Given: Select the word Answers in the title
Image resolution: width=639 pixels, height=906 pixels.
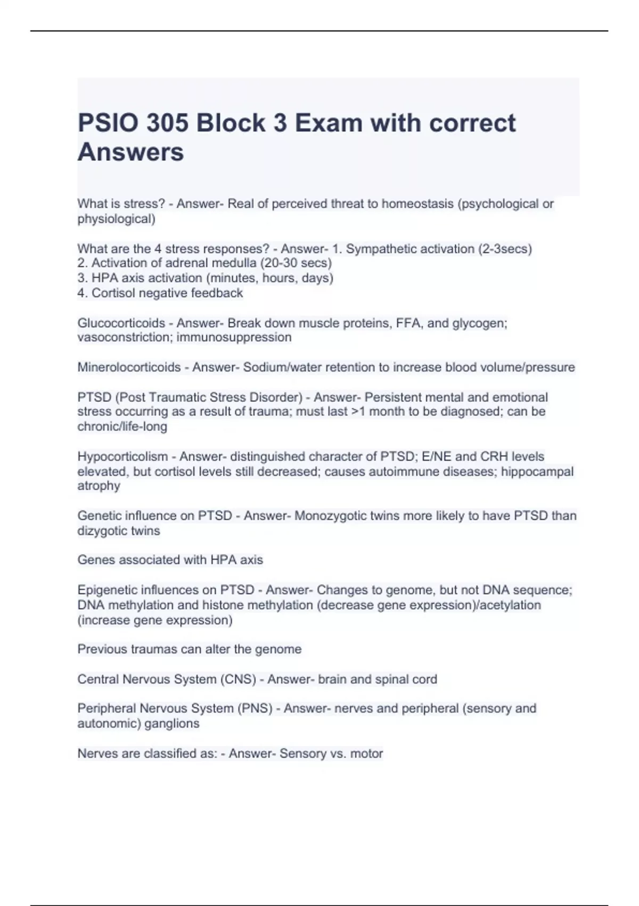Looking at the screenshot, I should [x=130, y=152].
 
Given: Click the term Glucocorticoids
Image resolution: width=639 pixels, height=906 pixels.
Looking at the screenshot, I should [x=121, y=323].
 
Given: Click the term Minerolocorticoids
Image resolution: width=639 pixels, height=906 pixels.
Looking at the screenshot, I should [x=129, y=367].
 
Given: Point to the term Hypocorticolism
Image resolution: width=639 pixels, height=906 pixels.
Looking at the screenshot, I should [x=122, y=457].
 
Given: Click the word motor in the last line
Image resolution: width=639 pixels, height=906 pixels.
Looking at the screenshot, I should [x=367, y=754].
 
